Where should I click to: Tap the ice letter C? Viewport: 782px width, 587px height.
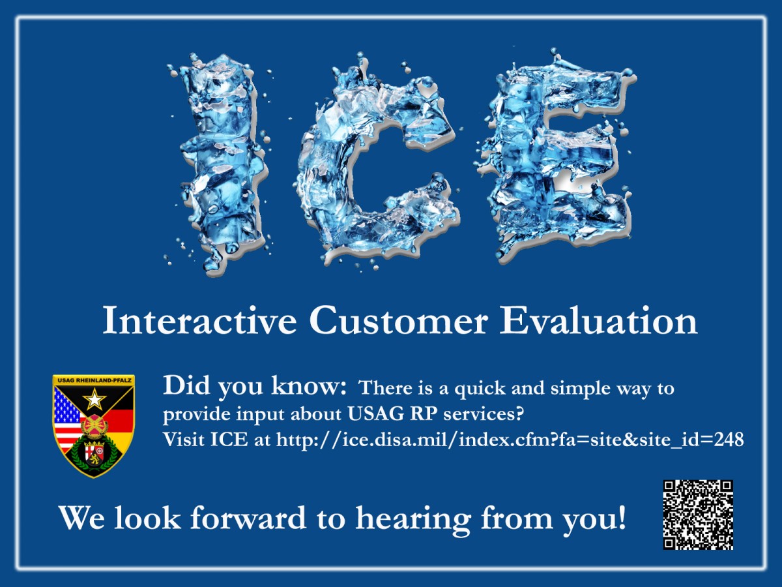point(339,163)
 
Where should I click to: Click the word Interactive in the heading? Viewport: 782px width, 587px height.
point(199,321)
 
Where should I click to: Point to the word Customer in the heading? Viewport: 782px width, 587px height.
point(398,321)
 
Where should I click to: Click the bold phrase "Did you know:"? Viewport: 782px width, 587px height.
point(254,386)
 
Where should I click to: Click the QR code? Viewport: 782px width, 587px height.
point(698,515)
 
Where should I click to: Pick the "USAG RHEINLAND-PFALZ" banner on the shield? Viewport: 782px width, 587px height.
point(93,380)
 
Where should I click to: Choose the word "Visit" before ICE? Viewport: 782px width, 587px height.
point(184,440)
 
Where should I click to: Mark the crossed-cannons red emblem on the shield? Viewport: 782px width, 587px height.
point(94,425)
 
